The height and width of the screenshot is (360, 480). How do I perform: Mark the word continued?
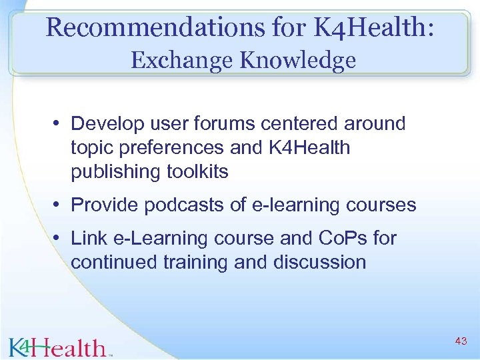point(113,262)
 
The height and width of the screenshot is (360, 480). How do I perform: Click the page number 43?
point(460,341)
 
